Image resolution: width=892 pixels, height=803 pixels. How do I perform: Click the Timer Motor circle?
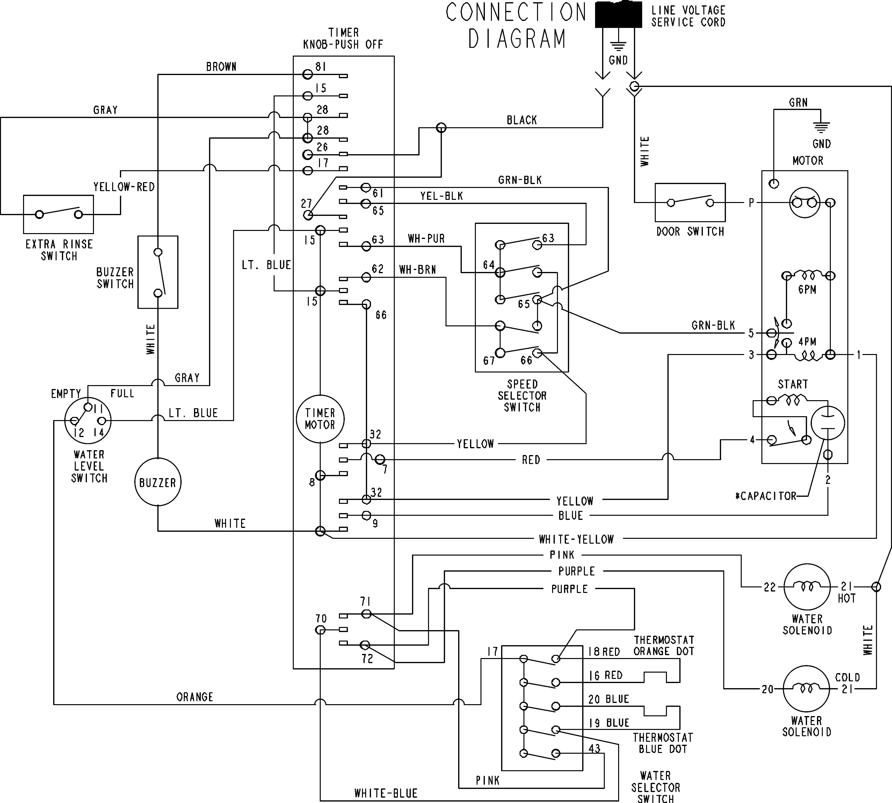click(x=320, y=419)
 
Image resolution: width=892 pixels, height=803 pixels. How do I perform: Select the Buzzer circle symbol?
click(x=158, y=482)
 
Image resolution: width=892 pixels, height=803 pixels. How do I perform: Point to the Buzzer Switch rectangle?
click(x=158, y=272)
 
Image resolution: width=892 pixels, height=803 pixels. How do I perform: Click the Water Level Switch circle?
click(x=88, y=421)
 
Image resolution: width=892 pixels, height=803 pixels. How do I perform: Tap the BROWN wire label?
click(x=221, y=67)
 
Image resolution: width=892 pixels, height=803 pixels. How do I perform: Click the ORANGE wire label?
click(x=194, y=697)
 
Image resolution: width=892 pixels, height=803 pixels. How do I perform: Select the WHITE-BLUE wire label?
click(x=386, y=793)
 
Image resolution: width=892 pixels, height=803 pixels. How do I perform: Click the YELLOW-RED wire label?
click(x=124, y=187)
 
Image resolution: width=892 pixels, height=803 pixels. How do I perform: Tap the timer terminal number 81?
click(x=321, y=67)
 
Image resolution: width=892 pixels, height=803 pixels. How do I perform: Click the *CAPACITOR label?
click(x=766, y=496)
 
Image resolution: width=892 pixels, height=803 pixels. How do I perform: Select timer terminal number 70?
click(x=321, y=618)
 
